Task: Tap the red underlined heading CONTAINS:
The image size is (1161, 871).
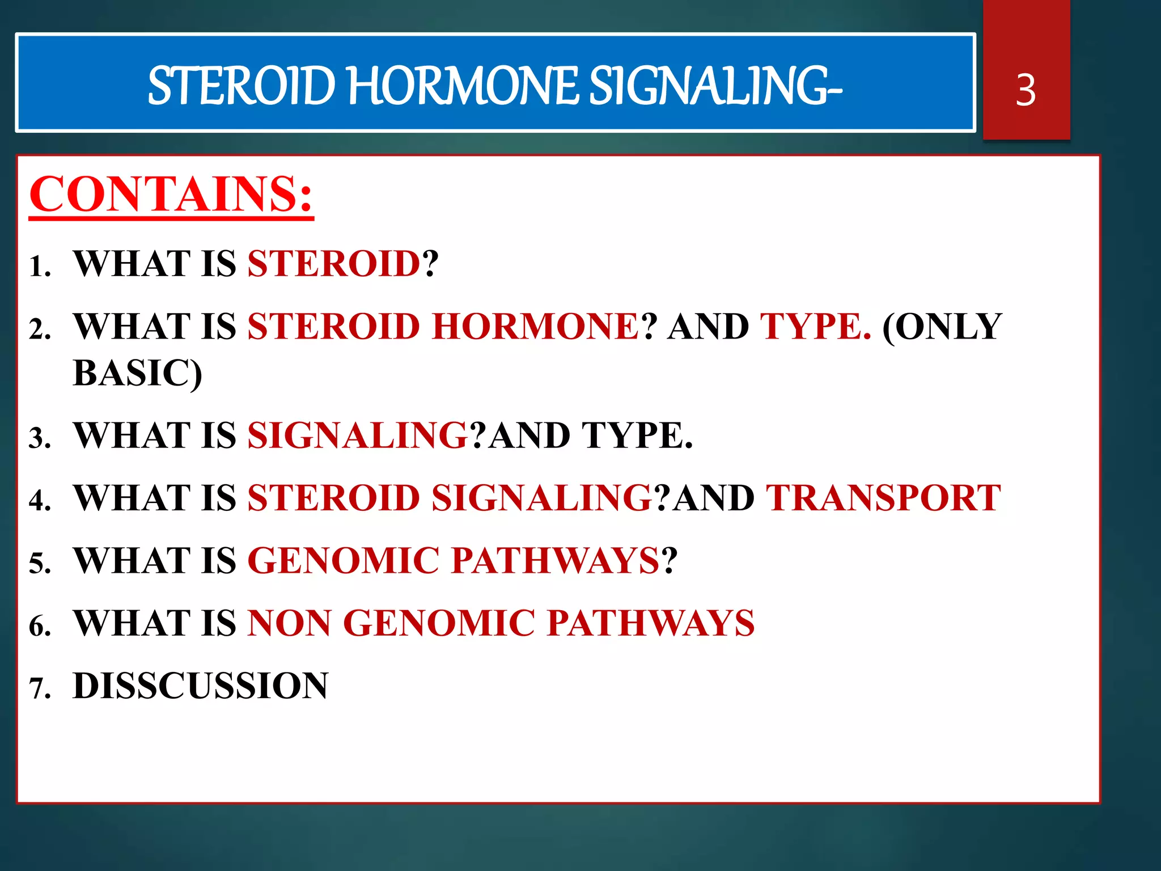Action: click(x=171, y=195)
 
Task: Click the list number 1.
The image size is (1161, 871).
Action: click(x=40, y=267)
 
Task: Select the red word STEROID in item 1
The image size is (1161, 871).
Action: click(x=334, y=264)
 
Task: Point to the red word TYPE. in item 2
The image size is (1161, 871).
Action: click(x=815, y=327)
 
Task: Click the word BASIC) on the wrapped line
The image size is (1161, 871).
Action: click(x=137, y=373)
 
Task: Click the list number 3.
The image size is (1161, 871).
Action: click(x=40, y=439)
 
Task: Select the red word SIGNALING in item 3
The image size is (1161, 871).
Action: click(x=358, y=435)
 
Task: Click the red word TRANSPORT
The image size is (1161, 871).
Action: click(x=883, y=498)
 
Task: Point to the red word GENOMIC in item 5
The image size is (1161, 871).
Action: click(x=344, y=561)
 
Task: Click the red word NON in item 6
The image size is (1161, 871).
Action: click(x=289, y=623)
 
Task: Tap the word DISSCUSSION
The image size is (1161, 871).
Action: click(x=200, y=686)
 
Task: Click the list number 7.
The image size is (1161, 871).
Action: click(x=40, y=689)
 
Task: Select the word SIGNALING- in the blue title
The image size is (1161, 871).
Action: click(x=715, y=86)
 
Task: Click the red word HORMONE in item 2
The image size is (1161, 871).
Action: click(x=535, y=327)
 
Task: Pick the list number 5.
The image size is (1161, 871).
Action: click(x=40, y=564)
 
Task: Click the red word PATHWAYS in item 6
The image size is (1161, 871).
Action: click(x=650, y=623)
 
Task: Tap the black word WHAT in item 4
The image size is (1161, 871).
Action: click(x=132, y=498)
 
